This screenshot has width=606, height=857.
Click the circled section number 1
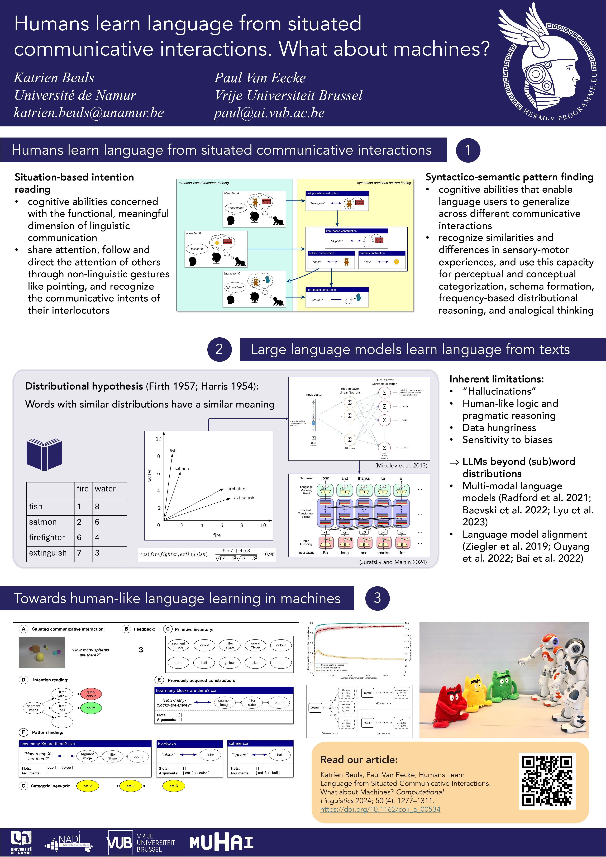click(468, 150)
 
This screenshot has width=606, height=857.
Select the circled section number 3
click(377, 598)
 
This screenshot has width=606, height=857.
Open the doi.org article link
click(380, 809)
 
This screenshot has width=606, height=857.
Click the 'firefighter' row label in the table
click(47, 537)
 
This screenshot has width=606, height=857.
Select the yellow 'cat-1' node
click(131, 786)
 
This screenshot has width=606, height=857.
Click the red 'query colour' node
click(91, 694)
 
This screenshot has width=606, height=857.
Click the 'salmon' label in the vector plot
click(182, 469)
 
